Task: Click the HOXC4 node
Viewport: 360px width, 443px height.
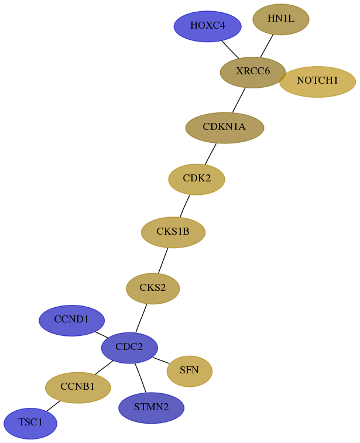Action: pos(207,26)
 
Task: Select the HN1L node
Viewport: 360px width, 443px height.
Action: pos(281,19)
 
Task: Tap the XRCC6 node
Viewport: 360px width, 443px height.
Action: pos(253,73)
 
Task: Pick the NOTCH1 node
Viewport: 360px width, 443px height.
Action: pos(317,82)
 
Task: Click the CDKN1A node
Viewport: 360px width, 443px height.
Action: pos(225,128)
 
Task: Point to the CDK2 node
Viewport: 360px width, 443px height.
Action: pos(197,179)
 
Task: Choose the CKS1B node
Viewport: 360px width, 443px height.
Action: pos(173,232)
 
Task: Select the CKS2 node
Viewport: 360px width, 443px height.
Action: pos(153,289)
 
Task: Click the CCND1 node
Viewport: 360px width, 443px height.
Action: pos(72,320)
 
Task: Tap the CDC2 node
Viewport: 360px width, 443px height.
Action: pos(129,348)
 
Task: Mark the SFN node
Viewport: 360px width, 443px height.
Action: pos(190,371)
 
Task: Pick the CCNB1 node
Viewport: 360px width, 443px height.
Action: pos(78,387)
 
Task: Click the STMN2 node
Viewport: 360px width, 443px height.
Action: pos(152,408)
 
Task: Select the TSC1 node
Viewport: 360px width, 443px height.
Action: pos(30,423)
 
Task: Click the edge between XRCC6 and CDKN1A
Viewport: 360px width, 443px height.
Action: pos(239,100)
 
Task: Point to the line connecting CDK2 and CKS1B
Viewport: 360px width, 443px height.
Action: pos(185,206)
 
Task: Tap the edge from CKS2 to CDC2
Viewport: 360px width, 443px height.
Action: pos(141,318)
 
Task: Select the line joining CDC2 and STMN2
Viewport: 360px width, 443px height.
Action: pos(140,378)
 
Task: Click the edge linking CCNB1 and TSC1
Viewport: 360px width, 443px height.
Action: pos(53,406)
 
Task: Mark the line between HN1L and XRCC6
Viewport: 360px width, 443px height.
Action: pos(267,46)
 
